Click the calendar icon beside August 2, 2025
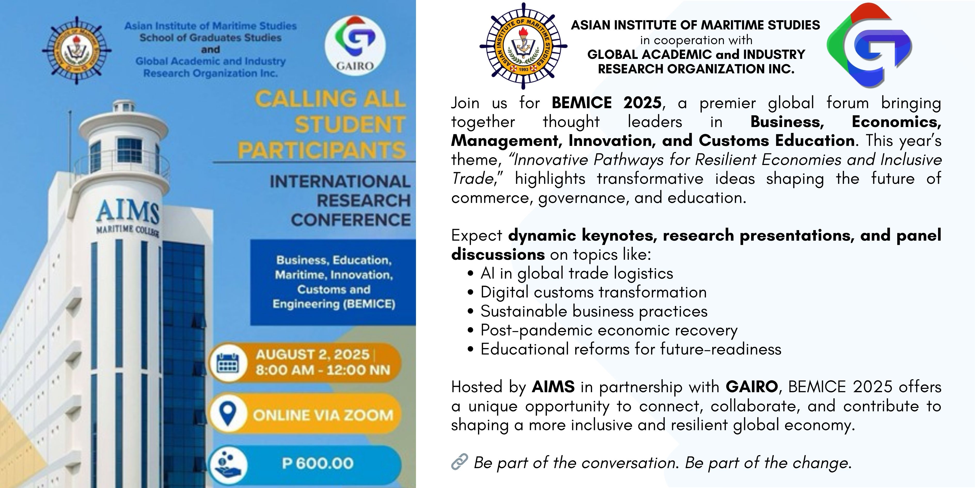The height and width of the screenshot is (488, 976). pos(227,363)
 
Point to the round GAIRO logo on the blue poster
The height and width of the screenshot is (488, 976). pos(355,45)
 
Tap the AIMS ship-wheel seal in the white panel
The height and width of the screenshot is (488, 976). pos(523,46)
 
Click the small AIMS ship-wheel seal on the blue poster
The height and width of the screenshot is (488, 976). pos(76,50)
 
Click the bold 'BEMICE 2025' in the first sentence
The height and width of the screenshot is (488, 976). pos(607,103)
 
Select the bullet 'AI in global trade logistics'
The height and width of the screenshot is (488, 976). pos(577,273)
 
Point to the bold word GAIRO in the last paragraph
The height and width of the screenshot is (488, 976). pos(752,387)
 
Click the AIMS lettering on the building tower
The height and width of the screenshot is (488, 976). pos(128,212)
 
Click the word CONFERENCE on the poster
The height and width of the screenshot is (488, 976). pos(350,220)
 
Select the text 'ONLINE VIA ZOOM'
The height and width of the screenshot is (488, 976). pos(323,415)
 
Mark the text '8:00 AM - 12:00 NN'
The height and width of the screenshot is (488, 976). pos(323,370)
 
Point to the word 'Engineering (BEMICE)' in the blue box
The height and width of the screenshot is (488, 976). pos(334,304)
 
